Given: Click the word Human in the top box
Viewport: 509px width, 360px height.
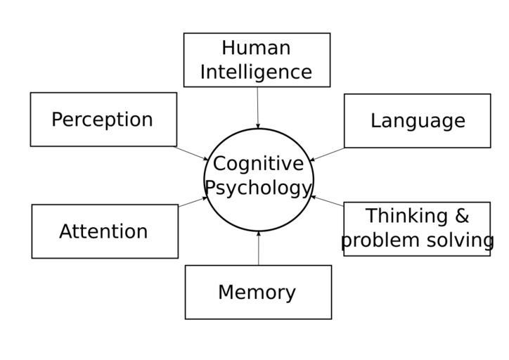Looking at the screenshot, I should [x=256, y=48].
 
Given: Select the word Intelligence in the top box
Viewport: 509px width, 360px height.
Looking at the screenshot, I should [x=256, y=72].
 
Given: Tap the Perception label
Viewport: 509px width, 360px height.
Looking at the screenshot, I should [x=102, y=120].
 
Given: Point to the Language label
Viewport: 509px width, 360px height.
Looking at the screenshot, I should [x=418, y=121].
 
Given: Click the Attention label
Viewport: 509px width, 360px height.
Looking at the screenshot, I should [x=103, y=231].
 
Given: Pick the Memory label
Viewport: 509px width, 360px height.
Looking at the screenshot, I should [x=257, y=292].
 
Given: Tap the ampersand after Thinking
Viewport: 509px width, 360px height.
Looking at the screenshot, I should [x=461, y=215].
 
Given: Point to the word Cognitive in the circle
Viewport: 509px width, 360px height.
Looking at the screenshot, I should [x=258, y=164].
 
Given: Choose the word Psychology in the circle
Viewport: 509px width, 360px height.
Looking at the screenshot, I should [x=258, y=188].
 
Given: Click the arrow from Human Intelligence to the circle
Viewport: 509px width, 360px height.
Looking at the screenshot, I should [x=257, y=107].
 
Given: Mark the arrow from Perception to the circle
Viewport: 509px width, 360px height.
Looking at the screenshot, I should [x=191, y=153].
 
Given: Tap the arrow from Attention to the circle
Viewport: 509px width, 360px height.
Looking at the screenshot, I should [x=192, y=202].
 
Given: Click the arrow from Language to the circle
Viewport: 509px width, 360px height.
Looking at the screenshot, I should [x=328, y=154].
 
